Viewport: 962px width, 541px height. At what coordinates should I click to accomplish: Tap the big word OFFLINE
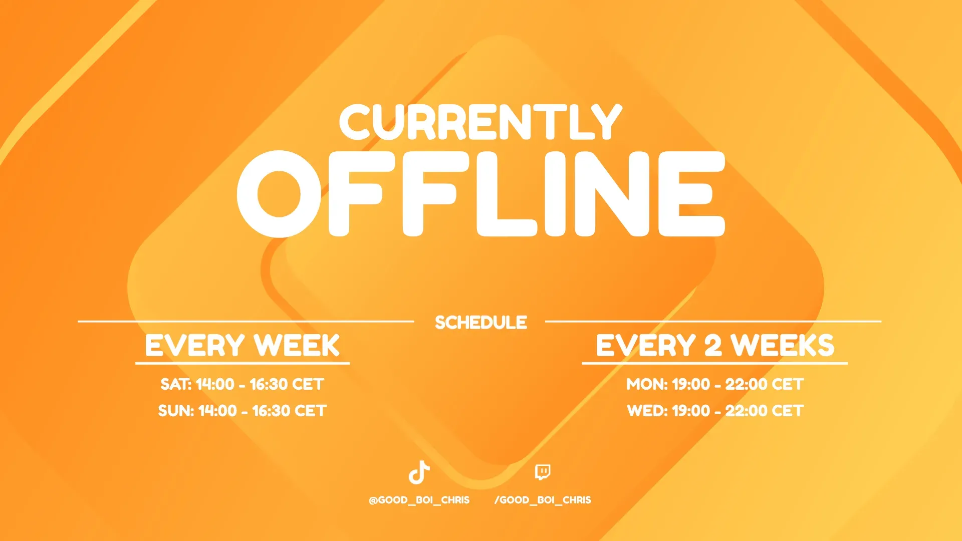(481, 194)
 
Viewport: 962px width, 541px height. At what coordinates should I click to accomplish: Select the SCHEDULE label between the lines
(481, 323)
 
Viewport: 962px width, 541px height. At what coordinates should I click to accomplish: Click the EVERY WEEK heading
(243, 346)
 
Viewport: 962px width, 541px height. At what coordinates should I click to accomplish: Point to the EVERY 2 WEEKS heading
(715, 346)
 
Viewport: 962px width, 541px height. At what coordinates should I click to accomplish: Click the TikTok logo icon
(419, 472)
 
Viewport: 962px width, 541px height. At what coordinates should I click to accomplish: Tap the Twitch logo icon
(543, 472)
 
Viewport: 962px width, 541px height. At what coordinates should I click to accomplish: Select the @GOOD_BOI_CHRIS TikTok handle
(419, 500)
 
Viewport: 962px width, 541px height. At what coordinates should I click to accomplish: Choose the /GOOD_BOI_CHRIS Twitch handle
(543, 500)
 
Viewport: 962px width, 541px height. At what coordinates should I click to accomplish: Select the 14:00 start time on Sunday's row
(217, 411)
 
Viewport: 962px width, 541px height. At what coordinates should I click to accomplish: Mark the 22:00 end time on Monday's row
(746, 384)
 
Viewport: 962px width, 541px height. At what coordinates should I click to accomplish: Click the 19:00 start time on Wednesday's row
(691, 411)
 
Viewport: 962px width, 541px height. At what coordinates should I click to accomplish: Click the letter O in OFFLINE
(279, 194)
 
